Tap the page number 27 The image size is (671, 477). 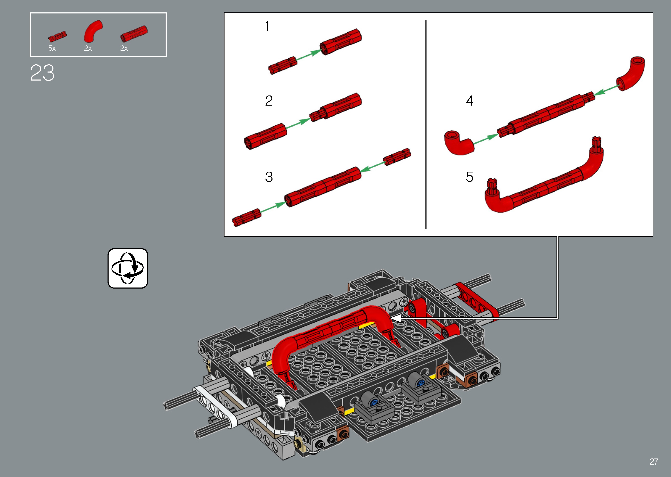click(x=654, y=461)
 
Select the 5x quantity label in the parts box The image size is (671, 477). click(x=52, y=48)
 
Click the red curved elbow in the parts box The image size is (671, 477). click(x=93, y=31)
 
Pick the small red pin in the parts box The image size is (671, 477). click(x=58, y=36)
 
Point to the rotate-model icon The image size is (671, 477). click(x=128, y=268)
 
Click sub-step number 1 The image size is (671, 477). click(x=267, y=26)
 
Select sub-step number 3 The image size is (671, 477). click(x=269, y=177)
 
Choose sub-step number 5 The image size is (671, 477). click(x=469, y=177)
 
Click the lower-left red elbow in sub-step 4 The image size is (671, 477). click(x=459, y=143)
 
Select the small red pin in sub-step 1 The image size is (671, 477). click(x=282, y=65)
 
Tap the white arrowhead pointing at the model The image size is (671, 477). click(x=395, y=318)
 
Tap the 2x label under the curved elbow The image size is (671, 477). click(x=88, y=48)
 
